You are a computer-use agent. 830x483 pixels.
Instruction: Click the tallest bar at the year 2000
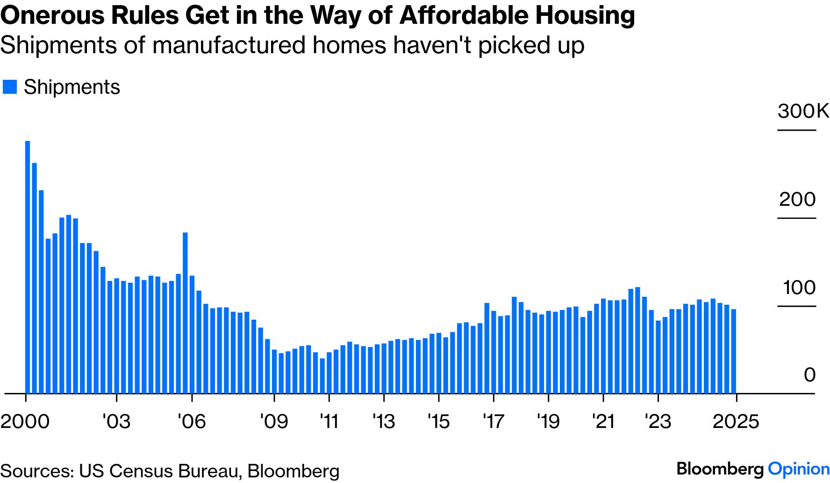pos(28,267)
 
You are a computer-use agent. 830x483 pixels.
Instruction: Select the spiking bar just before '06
pos(185,313)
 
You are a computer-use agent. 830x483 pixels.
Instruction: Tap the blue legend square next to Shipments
pos(10,87)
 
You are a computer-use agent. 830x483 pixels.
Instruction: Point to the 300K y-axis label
pos(803,111)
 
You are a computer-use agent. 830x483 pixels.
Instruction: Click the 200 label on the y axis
pos(797,199)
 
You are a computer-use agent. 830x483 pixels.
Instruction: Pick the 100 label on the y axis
pos(799,287)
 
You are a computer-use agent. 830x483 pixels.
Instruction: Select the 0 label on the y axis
pos(809,375)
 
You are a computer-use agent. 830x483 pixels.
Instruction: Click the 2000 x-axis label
pos(25,421)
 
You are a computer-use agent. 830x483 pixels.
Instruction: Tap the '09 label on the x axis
pos(274,421)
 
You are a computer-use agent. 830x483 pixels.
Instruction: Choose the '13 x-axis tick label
pos(384,421)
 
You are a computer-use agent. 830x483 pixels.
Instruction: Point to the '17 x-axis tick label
pos(494,421)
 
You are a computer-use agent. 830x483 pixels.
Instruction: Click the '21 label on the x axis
pos(603,421)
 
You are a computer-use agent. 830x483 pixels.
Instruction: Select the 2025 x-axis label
pos(736,421)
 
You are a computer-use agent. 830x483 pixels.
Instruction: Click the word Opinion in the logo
pos(798,469)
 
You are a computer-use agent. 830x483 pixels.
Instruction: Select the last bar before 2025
pos(734,351)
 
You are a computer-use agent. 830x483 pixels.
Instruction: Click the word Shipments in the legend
pos(72,87)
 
